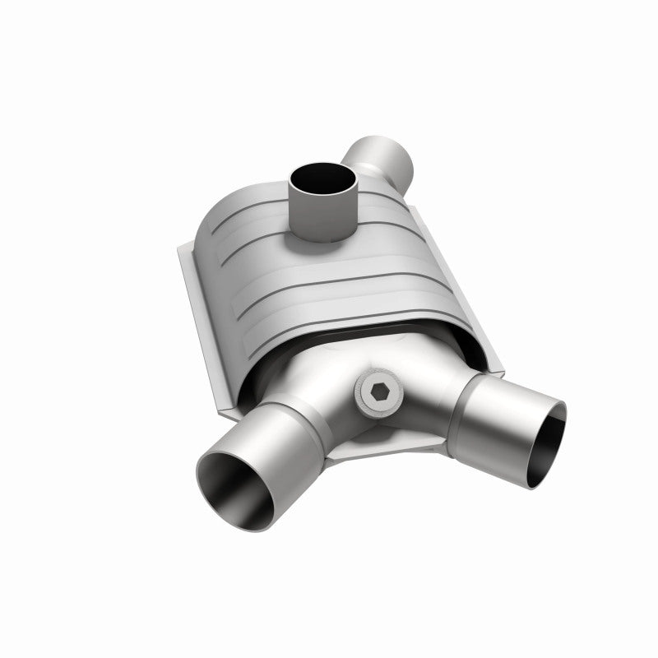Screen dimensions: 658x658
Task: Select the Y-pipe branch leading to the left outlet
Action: coord(313,395)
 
